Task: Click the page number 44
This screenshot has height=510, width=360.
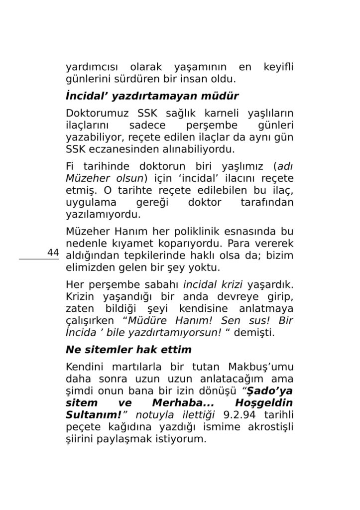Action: tap(53, 253)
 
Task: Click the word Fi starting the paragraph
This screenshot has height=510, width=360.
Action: tap(70, 166)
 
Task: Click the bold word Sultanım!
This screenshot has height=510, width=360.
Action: tap(94, 414)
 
